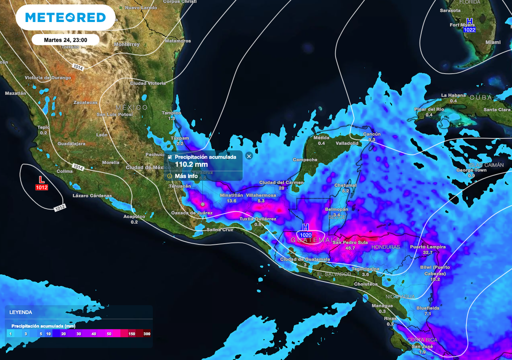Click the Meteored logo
[x=65, y=17]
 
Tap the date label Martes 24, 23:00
[x=65, y=39]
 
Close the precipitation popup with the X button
[x=249, y=156]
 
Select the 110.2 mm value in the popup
[x=191, y=164]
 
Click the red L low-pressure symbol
[x=41, y=178]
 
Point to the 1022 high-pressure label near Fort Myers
[x=469, y=30]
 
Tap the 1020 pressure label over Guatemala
[x=306, y=234]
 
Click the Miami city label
[x=492, y=42]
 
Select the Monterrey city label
[x=126, y=44]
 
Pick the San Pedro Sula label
[x=350, y=242]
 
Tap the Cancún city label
[x=372, y=134]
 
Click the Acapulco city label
[x=134, y=216]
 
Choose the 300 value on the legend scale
[x=146, y=333]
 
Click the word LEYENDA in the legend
[x=21, y=312]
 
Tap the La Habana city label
[x=453, y=95]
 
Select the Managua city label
[x=382, y=305]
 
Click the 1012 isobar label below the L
[x=59, y=207]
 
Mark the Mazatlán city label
[x=15, y=93]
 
